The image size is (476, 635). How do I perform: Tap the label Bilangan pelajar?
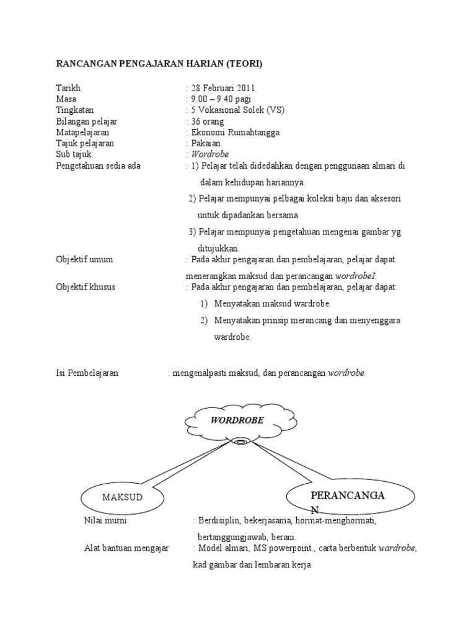[87, 122]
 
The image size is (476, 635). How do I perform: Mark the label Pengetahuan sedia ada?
[98, 166]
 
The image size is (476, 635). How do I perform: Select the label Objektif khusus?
[86, 287]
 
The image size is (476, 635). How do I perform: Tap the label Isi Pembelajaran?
[87, 373]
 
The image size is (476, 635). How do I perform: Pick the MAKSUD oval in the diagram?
[122, 498]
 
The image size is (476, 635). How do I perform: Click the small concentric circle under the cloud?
[240, 442]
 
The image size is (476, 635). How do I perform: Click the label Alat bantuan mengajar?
[126, 549]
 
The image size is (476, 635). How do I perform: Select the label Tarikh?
[68, 88]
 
